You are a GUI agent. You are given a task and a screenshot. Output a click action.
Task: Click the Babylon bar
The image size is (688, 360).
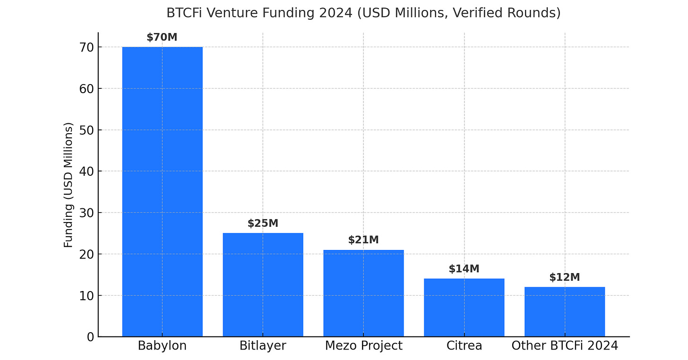pyautogui.click(x=162, y=191)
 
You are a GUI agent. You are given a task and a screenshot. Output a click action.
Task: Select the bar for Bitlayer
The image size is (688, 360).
pyautogui.click(x=263, y=284)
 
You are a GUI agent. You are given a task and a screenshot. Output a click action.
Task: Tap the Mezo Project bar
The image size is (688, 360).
pyautogui.click(x=363, y=293)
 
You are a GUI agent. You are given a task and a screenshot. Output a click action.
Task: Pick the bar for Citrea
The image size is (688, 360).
pyautogui.click(x=464, y=308)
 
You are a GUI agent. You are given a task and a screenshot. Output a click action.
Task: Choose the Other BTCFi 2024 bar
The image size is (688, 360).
pyautogui.click(x=565, y=311)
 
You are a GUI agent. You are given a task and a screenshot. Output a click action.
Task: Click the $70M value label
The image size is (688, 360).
pyautogui.click(x=162, y=38)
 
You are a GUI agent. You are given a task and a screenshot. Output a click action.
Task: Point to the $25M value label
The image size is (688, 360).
pyautogui.click(x=263, y=223)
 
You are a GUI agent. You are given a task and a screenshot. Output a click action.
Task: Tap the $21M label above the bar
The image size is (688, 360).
pyautogui.click(x=363, y=240)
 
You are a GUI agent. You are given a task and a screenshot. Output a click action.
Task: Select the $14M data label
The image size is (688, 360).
pyautogui.click(x=464, y=269)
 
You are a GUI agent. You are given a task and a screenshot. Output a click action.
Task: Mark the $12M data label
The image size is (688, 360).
pyautogui.click(x=565, y=277)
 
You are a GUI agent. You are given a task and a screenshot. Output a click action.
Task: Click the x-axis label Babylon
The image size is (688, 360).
pyautogui.click(x=162, y=346)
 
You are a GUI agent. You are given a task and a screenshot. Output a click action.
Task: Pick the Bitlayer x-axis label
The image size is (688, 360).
pyautogui.click(x=263, y=346)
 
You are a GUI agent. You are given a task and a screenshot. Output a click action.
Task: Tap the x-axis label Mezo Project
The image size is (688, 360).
pyautogui.click(x=363, y=346)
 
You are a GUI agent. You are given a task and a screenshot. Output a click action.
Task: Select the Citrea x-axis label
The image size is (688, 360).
pyautogui.click(x=464, y=346)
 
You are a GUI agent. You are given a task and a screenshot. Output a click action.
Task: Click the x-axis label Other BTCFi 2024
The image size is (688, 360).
pyautogui.click(x=565, y=346)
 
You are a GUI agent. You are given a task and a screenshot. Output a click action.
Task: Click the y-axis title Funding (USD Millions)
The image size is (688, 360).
pyautogui.click(x=69, y=185)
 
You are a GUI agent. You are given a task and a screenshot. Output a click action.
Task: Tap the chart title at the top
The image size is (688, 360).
pyautogui.click(x=363, y=13)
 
